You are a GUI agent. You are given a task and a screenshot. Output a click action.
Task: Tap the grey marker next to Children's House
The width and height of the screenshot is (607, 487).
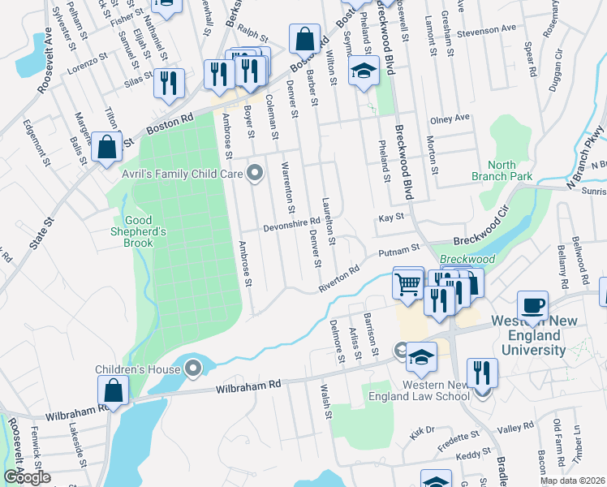[x=193, y=369]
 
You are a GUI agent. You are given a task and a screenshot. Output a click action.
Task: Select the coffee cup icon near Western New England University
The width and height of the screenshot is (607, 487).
[x=532, y=307]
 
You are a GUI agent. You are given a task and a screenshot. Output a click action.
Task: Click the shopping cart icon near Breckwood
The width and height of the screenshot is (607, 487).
[x=407, y=283]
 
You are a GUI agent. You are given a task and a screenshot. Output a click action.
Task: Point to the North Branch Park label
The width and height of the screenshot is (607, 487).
[x=495, y=170]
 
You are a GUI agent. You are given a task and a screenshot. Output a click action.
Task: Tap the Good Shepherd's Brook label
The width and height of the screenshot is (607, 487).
[x=145, y=231]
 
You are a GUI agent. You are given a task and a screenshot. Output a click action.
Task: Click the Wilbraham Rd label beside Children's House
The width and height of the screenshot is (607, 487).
[x=248, y=387]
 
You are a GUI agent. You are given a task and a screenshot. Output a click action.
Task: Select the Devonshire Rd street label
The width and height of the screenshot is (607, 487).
[x=292, y=224]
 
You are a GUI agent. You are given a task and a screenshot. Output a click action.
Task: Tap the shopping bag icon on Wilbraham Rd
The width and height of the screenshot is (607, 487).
[x=114, y=391]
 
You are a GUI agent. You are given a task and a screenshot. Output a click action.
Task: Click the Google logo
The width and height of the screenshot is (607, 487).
[x=26, y=477]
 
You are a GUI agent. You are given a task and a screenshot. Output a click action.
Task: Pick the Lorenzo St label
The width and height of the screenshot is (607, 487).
[x=88, y=62]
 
